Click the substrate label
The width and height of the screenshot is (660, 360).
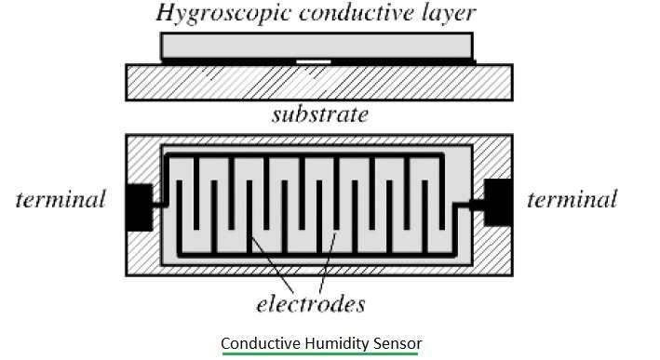(x=319, y=115)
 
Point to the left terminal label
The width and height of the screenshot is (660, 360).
(x=61, y=198)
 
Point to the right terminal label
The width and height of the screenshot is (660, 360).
(x=572, y=198)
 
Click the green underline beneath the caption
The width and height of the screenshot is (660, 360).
(x=321, y=354)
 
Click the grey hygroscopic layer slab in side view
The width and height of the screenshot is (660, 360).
(x=317, y=46)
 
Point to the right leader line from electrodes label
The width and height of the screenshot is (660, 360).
(x=326, y=265)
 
